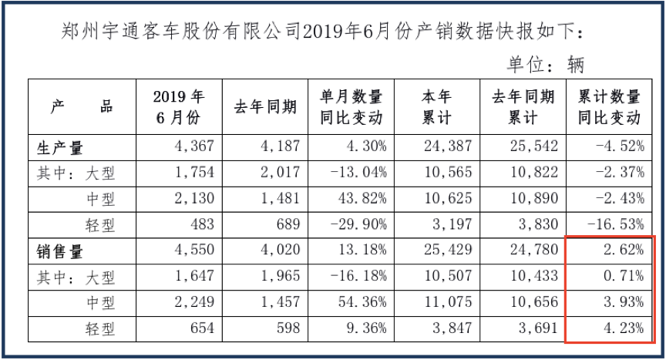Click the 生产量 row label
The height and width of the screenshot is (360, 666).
(x=59, y=148)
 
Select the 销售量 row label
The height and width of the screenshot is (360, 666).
(x=59, y=252)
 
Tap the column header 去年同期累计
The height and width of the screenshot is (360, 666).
(x=523, y=107)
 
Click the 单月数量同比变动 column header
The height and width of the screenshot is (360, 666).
(x=351, y=107)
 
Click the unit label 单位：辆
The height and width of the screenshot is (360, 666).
(x=546, y=65)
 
